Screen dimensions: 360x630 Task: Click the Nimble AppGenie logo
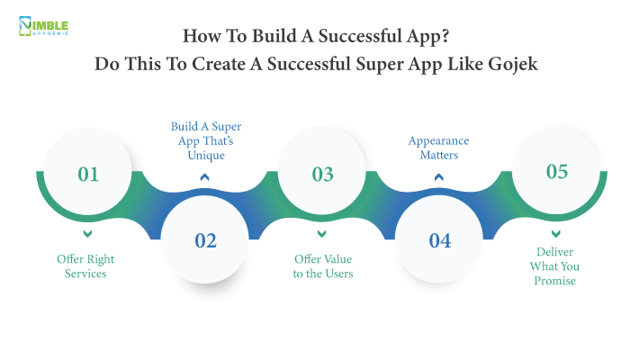pos(42,26)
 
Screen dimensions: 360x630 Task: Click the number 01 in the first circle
pos(88,174)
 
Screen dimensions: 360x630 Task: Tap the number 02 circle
pos(206,240)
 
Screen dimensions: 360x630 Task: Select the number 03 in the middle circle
pos(322,174)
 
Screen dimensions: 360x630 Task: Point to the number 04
pos(440,240)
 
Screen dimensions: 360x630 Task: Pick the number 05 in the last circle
pos(557,171)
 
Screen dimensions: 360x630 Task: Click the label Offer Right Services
pos(87,266)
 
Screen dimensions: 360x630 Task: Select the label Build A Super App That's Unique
pos(205,140)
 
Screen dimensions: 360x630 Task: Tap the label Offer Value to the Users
pos(322,266)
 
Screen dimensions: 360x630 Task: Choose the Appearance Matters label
pos(439,148)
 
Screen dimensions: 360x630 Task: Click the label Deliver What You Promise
pos(558,266)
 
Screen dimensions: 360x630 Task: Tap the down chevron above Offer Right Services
pos(87,235)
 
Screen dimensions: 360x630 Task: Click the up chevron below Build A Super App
pos(205,176)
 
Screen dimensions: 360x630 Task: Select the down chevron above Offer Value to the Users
pos(322,235)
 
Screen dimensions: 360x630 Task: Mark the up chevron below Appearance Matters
pos(439,176)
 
